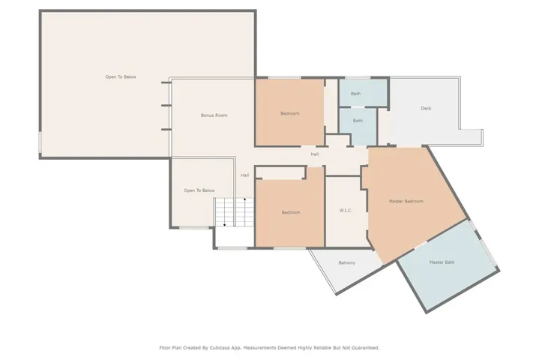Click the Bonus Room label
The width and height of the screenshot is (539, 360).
click(214, 115)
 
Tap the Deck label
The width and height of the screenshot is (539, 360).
click(426, 108)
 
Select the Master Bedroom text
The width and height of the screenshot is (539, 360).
click(406, 201)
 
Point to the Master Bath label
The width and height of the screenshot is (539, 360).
click(442, 262)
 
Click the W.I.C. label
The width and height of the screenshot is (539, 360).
click(346, 211)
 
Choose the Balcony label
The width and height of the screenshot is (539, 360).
click(346, 262)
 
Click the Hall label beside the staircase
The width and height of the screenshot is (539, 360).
click(244, 175)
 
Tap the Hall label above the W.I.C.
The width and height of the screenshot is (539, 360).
click(316, 154)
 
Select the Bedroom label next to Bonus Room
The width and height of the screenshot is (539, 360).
click(290, 113)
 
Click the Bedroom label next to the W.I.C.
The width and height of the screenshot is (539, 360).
click(291, 212)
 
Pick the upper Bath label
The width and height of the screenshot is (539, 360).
click(355, 94)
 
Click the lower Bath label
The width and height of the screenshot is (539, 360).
click(358, 120)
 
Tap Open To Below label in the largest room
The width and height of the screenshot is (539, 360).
click(121, 76)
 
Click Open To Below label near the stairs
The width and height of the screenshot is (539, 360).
click(199, 190)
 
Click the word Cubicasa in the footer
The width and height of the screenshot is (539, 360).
click(223, 347)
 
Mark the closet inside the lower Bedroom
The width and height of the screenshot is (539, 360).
click(281, 173)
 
